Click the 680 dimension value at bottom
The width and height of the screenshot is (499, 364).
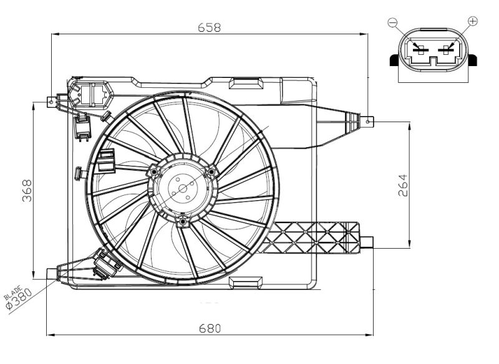(x=209, y=327)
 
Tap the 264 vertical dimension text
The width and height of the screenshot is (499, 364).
(x=402, y=184)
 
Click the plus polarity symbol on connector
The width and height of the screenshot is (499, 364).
(x=472, y=22)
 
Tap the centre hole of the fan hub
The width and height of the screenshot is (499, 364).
(x=182, y=188)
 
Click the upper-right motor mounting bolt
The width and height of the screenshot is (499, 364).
(x=211, y=170)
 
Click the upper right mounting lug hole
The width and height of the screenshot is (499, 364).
(x=369, y=120)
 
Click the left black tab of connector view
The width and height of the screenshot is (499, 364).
(x=394, y=60)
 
